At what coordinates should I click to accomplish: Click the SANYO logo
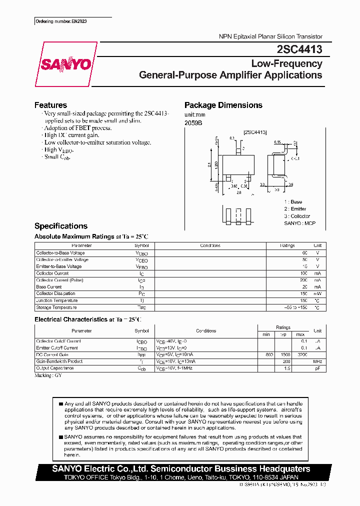pyautogui.click(x=66, y=64)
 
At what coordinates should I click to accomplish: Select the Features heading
pyautogui.click(x=50, y=105)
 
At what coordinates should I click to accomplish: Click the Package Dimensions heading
pyautogui.click(x=223, y=105)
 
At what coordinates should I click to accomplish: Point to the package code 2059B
pyautogui.click(x=193, y=123)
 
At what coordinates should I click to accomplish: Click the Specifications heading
pyautogui.click(x=60, y=226)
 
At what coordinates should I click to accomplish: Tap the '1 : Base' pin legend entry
pyautogui.click(x=293, y=201)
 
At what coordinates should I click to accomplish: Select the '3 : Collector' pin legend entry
pyautogui.click(x=297, y=216)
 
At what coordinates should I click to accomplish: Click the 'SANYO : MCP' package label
pyautogui.click(x=299, y=223)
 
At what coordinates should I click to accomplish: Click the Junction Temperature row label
pyautogui.click(x=57, y=300)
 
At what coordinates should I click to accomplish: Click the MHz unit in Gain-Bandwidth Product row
pyautogui.click(x=317, y=361)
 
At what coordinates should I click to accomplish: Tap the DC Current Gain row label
pyautogui.click(x=51, y=354)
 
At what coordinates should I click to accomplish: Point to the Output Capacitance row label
pyautogui.click(x=55, y=368)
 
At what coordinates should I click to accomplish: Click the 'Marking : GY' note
pyautogui.click(x=48, y=374)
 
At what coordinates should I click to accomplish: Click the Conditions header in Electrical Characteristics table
pyautogui.click(x=205, y=330)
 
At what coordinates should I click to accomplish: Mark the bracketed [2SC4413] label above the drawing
pyautogui.click(x=255, y=131)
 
